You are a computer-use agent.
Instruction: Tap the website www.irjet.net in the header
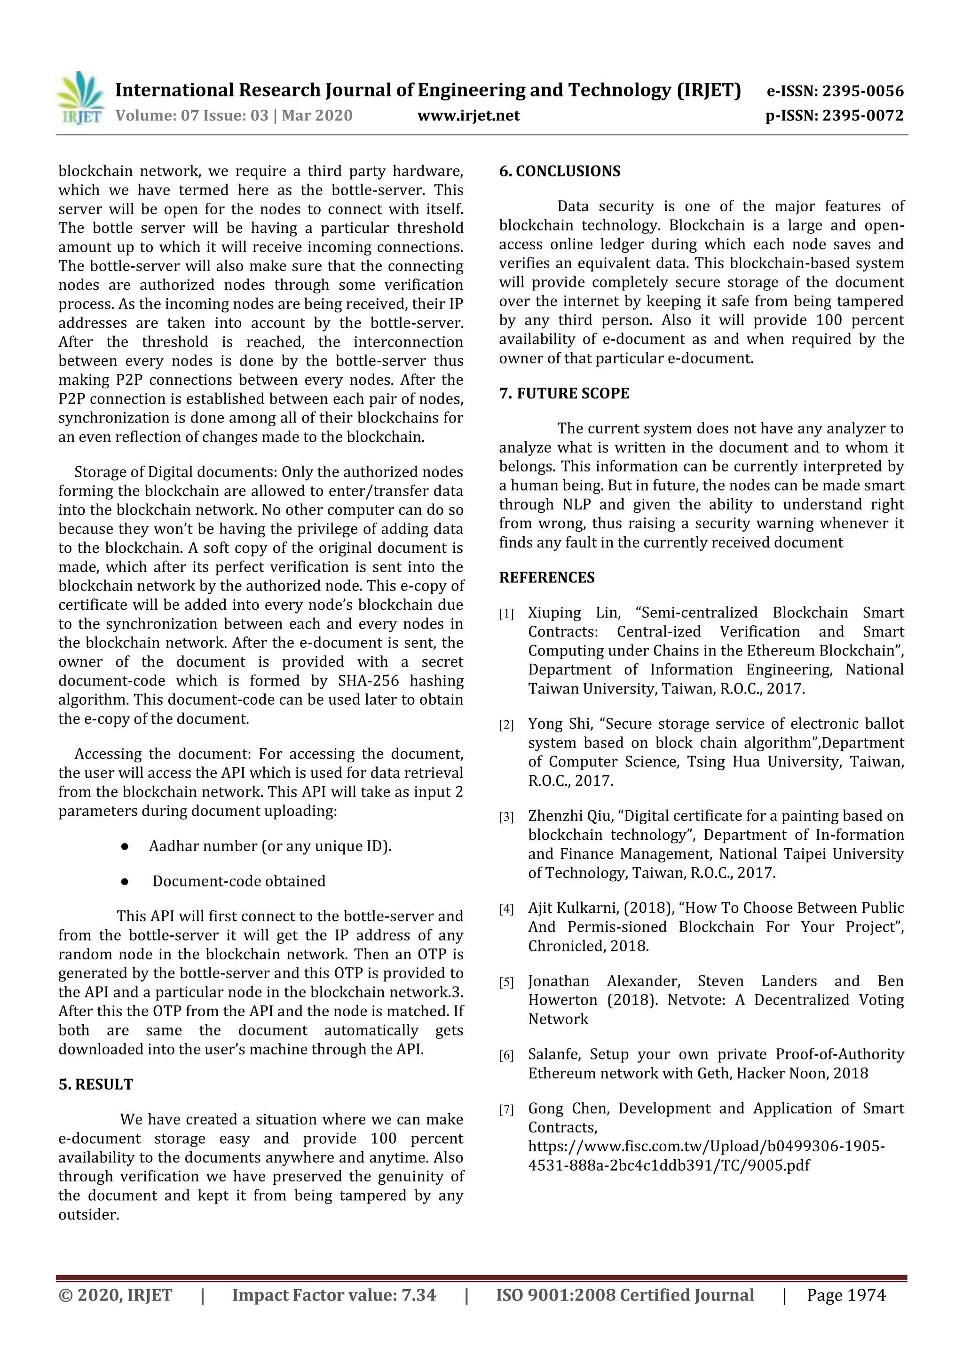click(468, 115)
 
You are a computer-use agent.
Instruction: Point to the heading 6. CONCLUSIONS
click(560, 171)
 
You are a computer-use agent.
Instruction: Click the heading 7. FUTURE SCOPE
click(564, 393)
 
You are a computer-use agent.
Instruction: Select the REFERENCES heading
click(546, 577)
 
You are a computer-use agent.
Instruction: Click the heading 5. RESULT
click(95, 1084)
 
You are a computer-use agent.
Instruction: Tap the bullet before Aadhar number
click(125, 846)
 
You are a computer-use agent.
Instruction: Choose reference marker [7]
click(506, 1109)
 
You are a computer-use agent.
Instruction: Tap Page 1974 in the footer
click(845, 1295)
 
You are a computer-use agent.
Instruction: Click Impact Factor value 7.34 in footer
click(334, 1295)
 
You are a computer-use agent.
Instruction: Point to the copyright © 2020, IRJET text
click(115, 1295)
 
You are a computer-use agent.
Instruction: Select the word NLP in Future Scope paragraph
click(578, 504)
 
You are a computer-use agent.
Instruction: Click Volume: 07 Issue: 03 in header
click(192, 115)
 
